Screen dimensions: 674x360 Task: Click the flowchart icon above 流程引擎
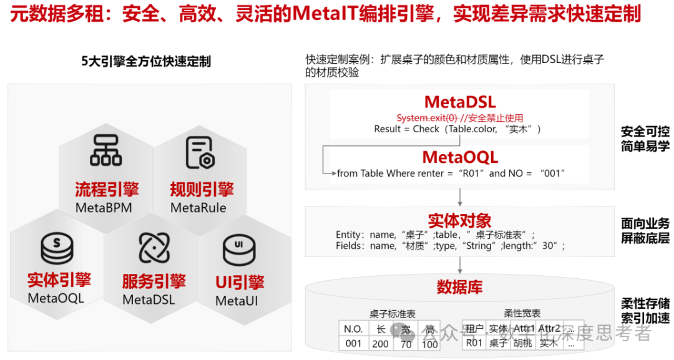pyautogui.click(x=105, y=150)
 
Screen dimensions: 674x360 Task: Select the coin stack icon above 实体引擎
pyautogui.click(x=57, y=248)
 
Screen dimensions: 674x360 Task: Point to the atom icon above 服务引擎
pyautogui.click(x=154, y=248)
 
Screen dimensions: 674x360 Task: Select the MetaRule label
pyautogui.click(x=198, y=208)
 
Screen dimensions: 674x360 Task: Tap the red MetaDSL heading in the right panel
pyautogui.click(x=459, y=102)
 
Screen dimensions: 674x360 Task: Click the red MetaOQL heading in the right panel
pyautogui.click(x=460, y=157)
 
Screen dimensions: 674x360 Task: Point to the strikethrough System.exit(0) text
pyautogui.click(x=427, y=118)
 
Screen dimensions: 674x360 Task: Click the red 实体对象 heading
pyautogui.click(x=459, y=220)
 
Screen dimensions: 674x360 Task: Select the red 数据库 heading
pyautogui.click(x=459, y=287)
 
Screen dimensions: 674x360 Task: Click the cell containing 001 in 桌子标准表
pyautogui.click(x=353, y=343)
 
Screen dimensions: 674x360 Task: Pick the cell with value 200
pyautogui.click(x=380, y=343)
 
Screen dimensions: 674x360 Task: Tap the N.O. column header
pyautogui.click(x=353, y=329)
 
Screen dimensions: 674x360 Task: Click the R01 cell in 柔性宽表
pyautogui.click(x=474, y=343)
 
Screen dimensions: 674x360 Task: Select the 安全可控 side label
pyautogui.click(x=645, y=132)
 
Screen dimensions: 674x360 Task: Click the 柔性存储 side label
pyautogui.click(x=645, y=304)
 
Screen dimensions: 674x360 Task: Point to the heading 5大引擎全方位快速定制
pyautogui.click(x=146, y=61)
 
